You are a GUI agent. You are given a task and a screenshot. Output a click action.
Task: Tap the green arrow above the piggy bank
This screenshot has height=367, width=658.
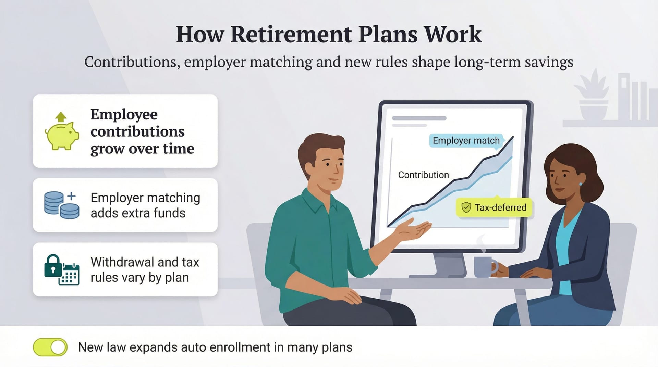pos(61,117)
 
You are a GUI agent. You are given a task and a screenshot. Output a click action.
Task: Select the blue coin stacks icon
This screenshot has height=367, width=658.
pos(62,205)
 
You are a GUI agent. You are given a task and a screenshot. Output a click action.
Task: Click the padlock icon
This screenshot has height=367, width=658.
pos(53,266)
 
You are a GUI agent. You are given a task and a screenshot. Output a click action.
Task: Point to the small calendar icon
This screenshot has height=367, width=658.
pos(69,275)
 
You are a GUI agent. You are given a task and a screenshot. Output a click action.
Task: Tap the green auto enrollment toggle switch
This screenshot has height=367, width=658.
pos(50,347)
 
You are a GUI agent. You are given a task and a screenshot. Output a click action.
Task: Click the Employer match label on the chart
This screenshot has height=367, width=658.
pos(466,141)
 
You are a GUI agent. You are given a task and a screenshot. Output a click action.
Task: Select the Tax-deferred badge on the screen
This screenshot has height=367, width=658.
pos(494,207)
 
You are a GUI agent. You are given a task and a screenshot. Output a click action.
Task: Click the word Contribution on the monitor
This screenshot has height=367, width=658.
pos(423,175)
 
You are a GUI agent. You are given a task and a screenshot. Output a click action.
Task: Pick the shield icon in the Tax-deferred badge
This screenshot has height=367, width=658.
pos(466,207)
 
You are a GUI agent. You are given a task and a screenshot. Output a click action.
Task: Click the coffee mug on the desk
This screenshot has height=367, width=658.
pos(484,267)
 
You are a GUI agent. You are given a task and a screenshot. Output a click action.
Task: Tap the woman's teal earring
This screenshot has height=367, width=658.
pos(581,184)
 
